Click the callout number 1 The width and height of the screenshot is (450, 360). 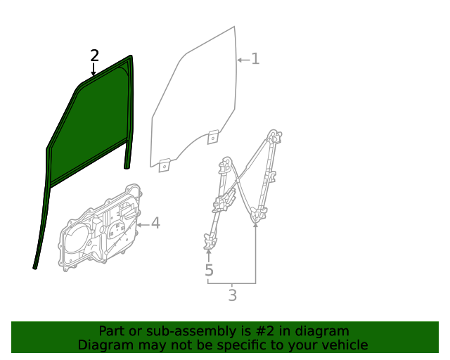[255, 59]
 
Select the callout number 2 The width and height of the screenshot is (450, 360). [94, 56]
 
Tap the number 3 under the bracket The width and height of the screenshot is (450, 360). [232, 295]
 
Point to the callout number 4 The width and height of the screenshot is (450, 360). [155, 224]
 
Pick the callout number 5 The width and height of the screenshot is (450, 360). [209, 271]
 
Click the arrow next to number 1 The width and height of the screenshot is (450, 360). [243, 60]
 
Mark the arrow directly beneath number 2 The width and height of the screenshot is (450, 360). [94, 70]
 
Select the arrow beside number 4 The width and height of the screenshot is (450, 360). [142, 224]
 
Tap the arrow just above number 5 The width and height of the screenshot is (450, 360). [209, 255]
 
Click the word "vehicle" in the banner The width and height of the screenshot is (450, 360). [343, 345]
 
